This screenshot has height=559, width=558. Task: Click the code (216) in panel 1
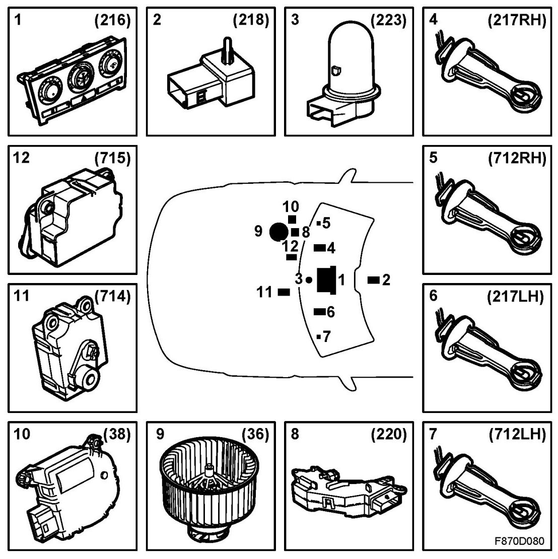click(x=112, y=21)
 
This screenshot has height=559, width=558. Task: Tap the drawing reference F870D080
click(x=519, y=542)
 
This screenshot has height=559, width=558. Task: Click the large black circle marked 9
click(x=278, y=232)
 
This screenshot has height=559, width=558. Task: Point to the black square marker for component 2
click(x=373, y=280)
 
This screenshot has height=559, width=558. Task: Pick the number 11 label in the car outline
click(x=264, y=292)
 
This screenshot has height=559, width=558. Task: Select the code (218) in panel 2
click(x=251, y=21)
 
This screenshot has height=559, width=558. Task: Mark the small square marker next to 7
click(x=319, y=336)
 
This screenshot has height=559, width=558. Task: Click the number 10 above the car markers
click(x=291, y=207)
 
